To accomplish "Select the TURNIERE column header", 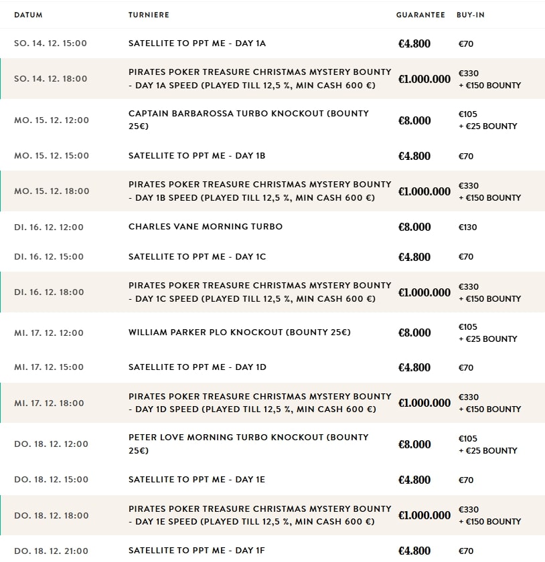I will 149,15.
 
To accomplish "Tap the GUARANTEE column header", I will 420,15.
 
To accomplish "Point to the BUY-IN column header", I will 471,15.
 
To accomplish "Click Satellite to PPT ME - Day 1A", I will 197,43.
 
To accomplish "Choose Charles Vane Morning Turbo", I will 206,227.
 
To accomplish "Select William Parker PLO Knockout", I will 240,333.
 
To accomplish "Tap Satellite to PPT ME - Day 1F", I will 197,551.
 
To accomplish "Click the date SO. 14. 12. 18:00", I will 51,78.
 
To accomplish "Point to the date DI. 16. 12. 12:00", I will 49,227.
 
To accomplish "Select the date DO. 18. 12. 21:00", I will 51,551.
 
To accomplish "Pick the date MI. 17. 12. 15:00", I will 49,367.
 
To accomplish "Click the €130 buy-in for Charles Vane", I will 468,227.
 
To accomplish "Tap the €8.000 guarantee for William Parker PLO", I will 414,333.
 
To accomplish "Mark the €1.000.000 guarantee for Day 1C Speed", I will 424,292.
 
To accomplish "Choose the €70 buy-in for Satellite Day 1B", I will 466,156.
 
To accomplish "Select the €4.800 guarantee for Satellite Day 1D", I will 414,367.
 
